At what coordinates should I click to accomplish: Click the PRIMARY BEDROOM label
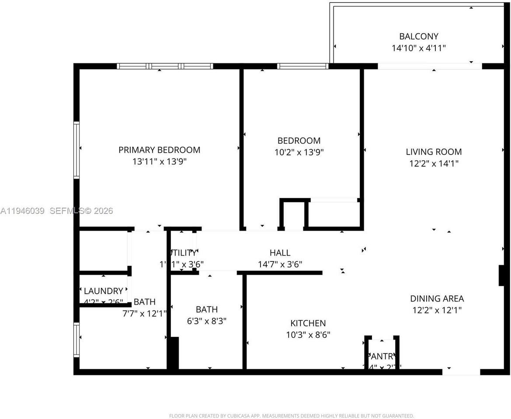coord(159,150)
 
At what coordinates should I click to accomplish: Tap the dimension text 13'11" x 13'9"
coord(159,161)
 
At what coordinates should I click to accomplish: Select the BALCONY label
coord(418,36)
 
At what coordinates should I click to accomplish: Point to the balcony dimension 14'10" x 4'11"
coord(418,48)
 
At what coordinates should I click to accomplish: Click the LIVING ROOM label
coord(434,152)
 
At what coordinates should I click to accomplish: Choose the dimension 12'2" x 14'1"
coord(434,164)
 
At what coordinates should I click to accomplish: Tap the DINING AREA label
coord(437,299)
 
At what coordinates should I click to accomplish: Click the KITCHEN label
coord(308,323)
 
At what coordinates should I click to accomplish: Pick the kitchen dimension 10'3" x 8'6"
coord(308,335)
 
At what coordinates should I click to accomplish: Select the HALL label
coord(280,253)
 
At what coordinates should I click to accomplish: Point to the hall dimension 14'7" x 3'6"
coord(280,264)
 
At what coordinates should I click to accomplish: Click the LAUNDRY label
coord(103,291)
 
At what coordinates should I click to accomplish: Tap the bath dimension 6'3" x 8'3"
coord(207,321)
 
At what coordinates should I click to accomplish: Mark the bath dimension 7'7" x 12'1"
coord(144,313)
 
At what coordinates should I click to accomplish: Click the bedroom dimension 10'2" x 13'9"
coord(299,152)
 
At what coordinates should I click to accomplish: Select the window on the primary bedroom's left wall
coord(76,150)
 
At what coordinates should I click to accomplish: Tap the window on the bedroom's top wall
coord(302,66)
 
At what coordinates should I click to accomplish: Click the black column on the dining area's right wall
coord(501,275)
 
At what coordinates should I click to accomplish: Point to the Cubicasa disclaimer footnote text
coord(291,416)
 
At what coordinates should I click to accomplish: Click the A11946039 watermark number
coord(23,211)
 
